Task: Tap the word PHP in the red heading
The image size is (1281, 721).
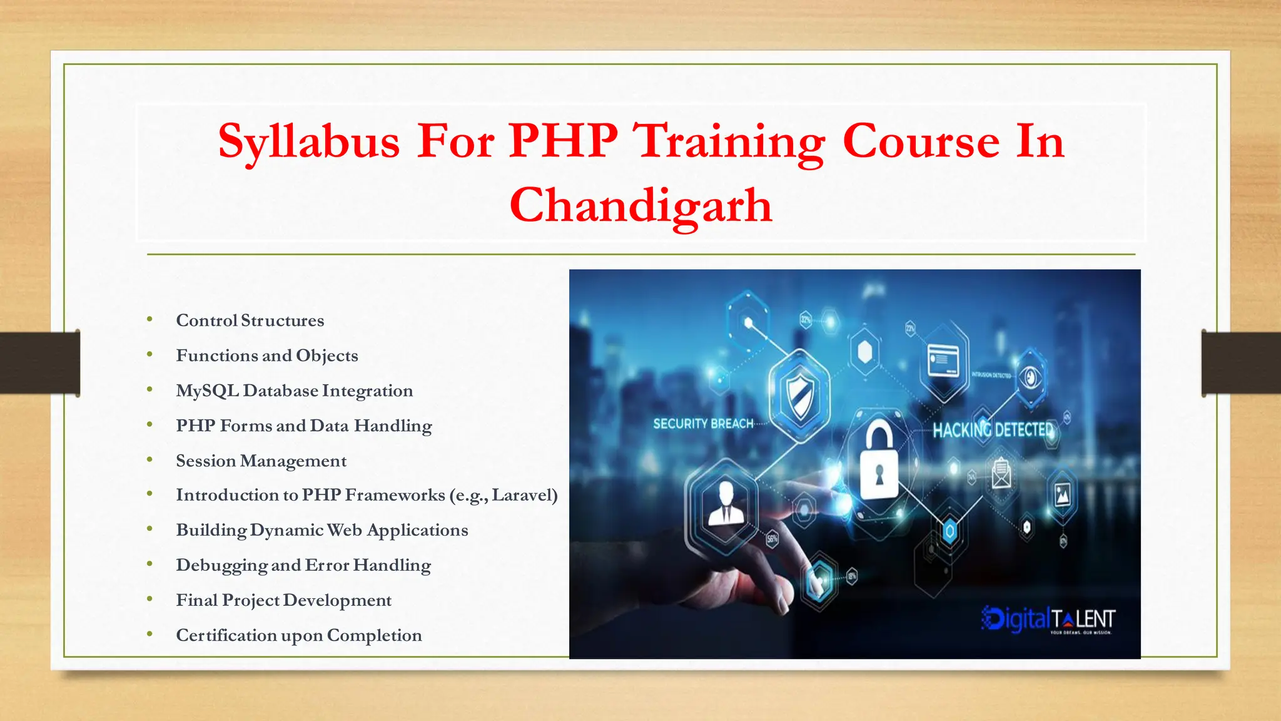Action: pyautogui.click(x=563, y=141)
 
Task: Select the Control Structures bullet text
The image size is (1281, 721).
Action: pyautogui.click(x=250, y=320)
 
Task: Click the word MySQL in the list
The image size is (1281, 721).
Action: pyautogui.click(x=207, y=391)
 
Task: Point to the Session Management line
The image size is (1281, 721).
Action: pyautogui.click(x=261, y=461)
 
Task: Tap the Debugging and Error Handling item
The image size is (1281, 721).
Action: pyautogui.click(x=303, y=565)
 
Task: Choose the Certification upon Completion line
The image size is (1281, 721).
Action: pyautogui.click(x=298, y=635)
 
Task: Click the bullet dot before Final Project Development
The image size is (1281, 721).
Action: pyautogui.click(x=149, y=600)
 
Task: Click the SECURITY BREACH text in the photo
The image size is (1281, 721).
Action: pyautogui.click(x=703, y=424)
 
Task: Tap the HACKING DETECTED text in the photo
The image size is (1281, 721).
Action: pyautogui.click(x=993, y=430)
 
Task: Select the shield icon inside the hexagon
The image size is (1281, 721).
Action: pyautogui.click(x=800, y=396)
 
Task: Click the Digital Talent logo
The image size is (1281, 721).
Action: pyautogui.click(x=1048, y=620)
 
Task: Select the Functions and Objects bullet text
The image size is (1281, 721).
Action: pyautogui.click(x=267, y=355)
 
